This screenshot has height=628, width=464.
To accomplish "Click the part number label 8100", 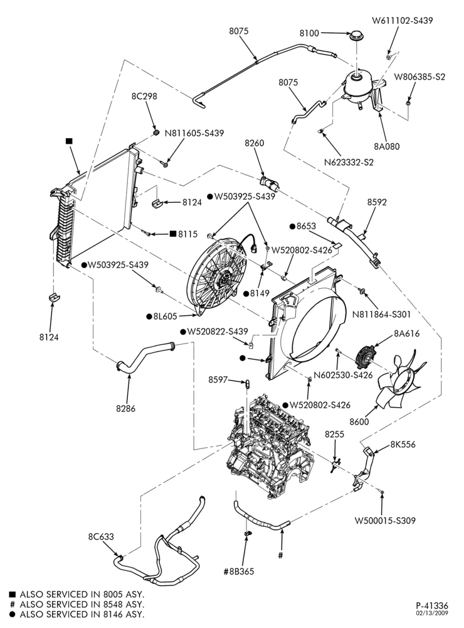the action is (309, 33).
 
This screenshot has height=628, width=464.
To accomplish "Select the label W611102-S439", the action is (403, 21).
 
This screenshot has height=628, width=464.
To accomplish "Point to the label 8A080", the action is (387, 146).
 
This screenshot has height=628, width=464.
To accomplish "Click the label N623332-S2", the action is (349, 163).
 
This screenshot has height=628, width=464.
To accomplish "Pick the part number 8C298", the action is (144, 96).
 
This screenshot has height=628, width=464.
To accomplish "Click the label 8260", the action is (255, 143).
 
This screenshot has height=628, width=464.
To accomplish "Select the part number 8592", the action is (377, 202).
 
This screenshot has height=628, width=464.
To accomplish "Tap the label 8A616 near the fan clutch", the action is (407, 333).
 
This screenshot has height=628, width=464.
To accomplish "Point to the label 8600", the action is (359, 422).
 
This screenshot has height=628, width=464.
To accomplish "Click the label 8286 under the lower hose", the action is (126, 409).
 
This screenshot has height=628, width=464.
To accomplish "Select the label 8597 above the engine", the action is (218, 379).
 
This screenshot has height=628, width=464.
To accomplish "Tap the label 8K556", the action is (403, 444).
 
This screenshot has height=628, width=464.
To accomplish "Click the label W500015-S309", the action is (385, 521).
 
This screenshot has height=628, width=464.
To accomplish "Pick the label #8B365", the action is (238, 571).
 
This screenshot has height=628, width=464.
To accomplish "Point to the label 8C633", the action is (101, 536).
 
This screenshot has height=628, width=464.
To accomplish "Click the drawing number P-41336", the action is (432, 605).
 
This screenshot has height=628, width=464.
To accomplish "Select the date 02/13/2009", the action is (433, 613).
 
